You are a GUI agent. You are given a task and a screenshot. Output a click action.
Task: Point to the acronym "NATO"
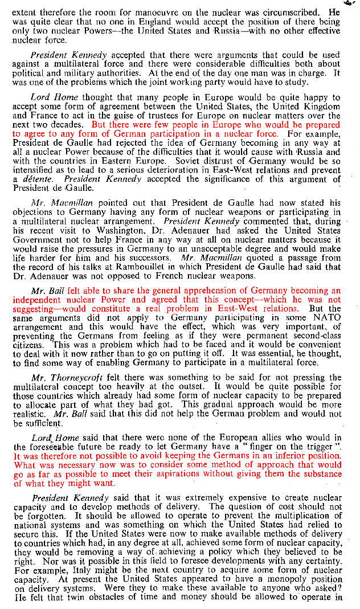point(326,318)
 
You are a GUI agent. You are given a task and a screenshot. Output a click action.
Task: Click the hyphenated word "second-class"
point(314,336)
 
